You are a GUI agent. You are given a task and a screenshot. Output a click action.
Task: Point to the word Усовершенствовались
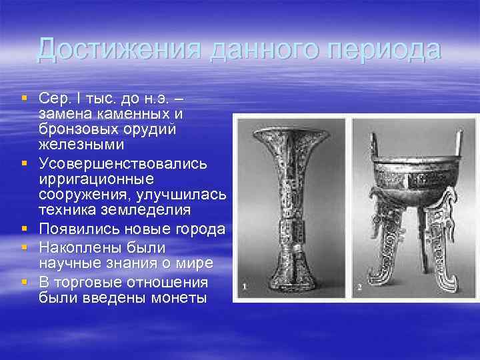coord(123,163)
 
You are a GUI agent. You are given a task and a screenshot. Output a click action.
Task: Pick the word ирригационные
coord(96,179)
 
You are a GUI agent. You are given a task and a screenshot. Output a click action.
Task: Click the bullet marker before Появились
coord(25,229)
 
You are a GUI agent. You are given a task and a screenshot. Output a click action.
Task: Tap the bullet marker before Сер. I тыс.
coord(25,98)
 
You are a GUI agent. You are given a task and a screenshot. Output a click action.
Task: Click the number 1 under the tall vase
coord(245,287)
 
